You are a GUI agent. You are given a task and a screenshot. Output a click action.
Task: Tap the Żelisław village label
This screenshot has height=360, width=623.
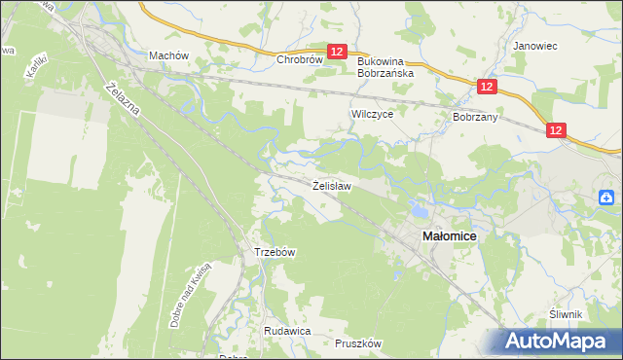point(331,184)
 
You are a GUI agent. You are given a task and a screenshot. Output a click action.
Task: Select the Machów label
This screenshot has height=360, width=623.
point(167,55)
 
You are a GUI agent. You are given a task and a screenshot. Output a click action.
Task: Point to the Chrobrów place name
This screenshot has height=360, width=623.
point(299,59)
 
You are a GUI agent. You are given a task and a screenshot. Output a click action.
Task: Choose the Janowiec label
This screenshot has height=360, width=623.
point(533,45)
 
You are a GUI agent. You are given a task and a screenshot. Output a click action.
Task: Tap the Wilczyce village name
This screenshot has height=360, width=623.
point(371,113)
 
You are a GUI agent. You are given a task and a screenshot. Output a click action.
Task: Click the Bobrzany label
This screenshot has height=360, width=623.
point(475,116)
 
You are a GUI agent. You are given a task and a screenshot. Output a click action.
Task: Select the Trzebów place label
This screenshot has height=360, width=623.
point(275,251)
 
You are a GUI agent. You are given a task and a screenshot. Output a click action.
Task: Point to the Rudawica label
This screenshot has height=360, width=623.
point(286,331)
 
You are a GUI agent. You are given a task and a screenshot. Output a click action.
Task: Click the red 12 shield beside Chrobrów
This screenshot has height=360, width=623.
point(337,53)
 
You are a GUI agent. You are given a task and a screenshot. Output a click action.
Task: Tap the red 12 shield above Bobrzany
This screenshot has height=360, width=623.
point(488,87)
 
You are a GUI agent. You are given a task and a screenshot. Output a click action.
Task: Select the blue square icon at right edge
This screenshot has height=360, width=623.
point(609,198)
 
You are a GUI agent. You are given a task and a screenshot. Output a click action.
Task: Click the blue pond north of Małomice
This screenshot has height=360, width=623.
point(420,208)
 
